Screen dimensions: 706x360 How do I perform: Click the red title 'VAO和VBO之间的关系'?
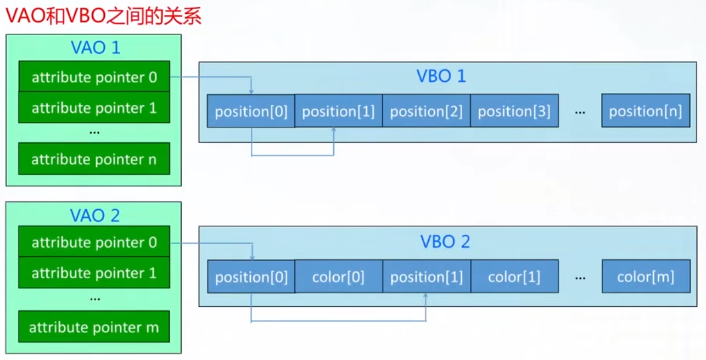click(103, 16)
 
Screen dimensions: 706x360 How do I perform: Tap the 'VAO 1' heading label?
click(96, 48)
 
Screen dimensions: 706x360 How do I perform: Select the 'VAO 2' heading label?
click(95, 216)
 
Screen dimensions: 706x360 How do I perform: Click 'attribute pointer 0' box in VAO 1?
click(94, 76)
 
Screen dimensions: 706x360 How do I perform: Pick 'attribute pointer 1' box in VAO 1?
click(94, 108)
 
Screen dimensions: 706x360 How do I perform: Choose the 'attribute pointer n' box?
click(94, 159)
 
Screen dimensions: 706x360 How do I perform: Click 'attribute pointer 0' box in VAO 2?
click(94, 241)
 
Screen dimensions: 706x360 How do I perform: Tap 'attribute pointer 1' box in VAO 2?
click(94, 272)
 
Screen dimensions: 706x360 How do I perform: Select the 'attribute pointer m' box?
click(94, 327)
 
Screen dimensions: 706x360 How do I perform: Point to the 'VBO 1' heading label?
click(441, 76)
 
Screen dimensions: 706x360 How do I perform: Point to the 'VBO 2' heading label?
click(445, 241)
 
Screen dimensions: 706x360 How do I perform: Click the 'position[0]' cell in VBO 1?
click(251, 111)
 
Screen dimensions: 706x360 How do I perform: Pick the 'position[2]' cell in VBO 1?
click(427, 111)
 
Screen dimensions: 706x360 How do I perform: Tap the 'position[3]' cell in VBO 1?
click(515, 111)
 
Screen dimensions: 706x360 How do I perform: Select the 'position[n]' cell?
click(646, 110)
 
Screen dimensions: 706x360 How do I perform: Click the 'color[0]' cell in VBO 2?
click(339, 277)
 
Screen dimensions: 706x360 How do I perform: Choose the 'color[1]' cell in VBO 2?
click(515, 277)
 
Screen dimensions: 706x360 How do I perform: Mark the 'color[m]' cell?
click(646, 277)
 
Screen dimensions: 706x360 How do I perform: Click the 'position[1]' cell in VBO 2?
click(427, 277)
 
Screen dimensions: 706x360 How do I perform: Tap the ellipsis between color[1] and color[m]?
click(580, 278)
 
